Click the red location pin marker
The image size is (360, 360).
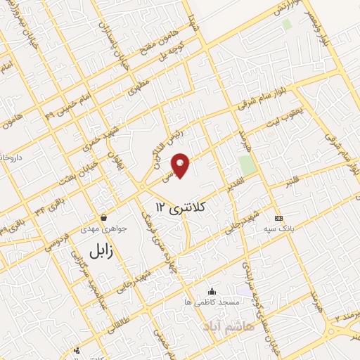click(181, 165)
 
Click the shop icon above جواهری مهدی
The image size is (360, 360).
click(104, 218)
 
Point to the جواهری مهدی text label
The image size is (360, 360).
click(105, 229)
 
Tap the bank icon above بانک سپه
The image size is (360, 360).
click(279, 218)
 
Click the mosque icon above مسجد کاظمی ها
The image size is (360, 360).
click(212, 292)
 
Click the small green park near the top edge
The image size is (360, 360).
click(286, 24)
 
